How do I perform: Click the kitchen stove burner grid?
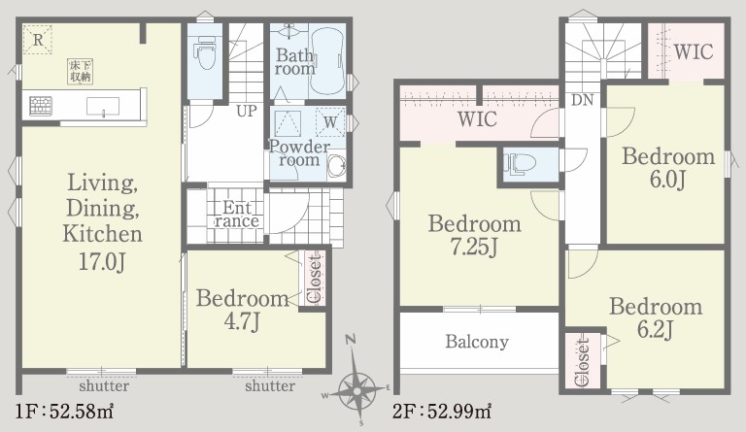41,106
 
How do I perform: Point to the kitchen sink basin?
103,106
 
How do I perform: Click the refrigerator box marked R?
38,39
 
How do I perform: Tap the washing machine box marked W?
329,122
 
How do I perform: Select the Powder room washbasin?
337,165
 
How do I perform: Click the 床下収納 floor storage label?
80,71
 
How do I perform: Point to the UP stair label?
247,111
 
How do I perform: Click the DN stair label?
583,100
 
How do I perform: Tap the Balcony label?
477,342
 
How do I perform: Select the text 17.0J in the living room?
102,262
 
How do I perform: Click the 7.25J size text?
474,248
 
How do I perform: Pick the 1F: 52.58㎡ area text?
65,412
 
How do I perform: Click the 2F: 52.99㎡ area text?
442,412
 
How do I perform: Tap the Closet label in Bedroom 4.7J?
315,280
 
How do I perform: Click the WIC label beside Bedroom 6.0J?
694,51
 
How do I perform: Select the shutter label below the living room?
104,385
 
